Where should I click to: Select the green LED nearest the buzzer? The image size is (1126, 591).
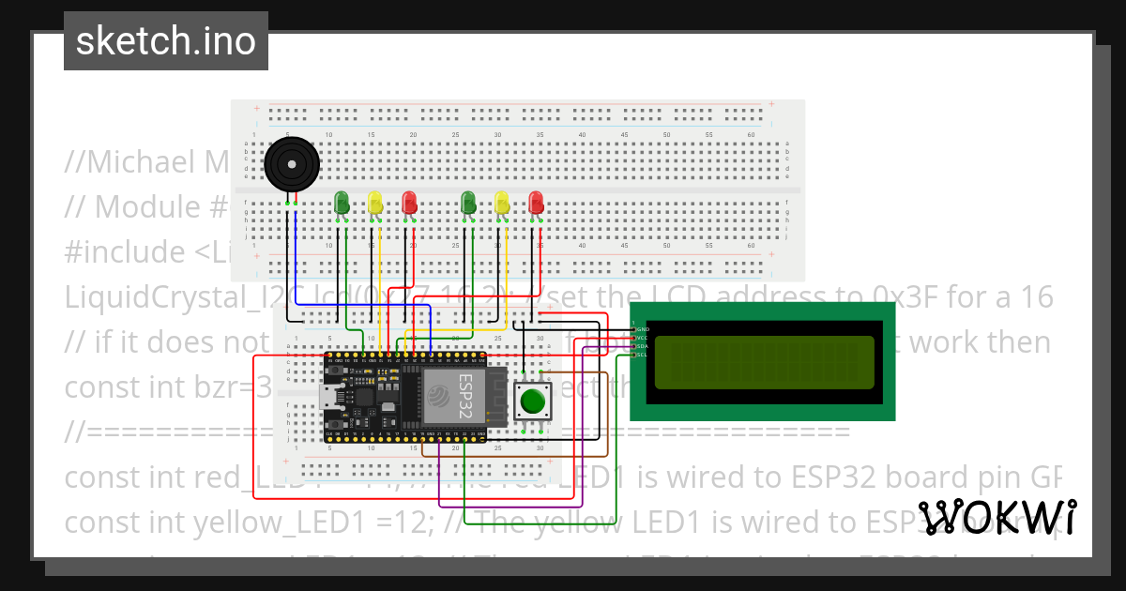point(342,202)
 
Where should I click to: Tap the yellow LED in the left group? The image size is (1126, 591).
point(375,202)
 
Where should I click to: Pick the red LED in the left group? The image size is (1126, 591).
point(409,202)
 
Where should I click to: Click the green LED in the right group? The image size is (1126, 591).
point(468,202)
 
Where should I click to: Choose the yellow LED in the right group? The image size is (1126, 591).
point(502,202)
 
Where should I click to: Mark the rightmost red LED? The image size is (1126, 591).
point(536,202)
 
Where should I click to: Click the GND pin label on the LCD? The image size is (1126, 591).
point(643,330)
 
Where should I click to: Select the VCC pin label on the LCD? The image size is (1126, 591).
point(643,339)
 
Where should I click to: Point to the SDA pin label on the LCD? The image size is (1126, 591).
point(643,347)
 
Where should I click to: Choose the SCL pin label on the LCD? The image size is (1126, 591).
point(643,356)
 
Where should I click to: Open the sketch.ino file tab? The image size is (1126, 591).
point(166,41)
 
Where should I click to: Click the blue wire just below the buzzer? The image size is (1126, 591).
point(297,253)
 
